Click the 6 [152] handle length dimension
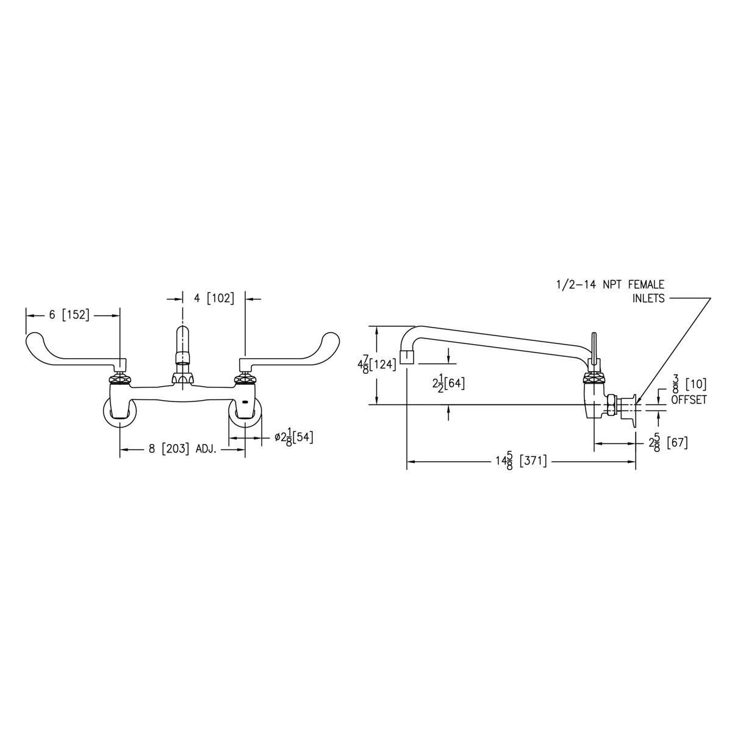coord(69,315)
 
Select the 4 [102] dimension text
coord(213,298)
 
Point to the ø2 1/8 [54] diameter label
coord(293,437)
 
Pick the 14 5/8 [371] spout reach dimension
coord(520,462)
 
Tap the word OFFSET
coord(688,400)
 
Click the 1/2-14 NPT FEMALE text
coord(609,285)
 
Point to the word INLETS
coord(648,299)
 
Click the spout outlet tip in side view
coord(407,357)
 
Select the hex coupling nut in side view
coord(610,405)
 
